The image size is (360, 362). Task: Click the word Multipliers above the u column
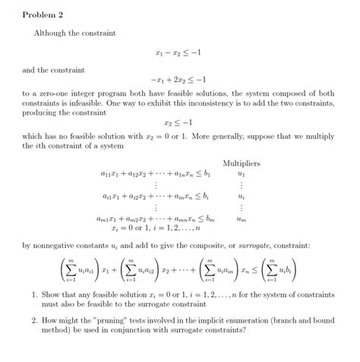click(x=242, y=162)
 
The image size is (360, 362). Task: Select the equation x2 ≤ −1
click(x=178, y=121)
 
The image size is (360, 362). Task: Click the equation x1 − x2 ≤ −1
click(x=178, y=54)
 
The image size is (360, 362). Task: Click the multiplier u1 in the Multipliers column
click(x=242, y=173)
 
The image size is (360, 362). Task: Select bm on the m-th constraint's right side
click(x=210, y=218)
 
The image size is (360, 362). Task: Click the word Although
click(x=49, y=33)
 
